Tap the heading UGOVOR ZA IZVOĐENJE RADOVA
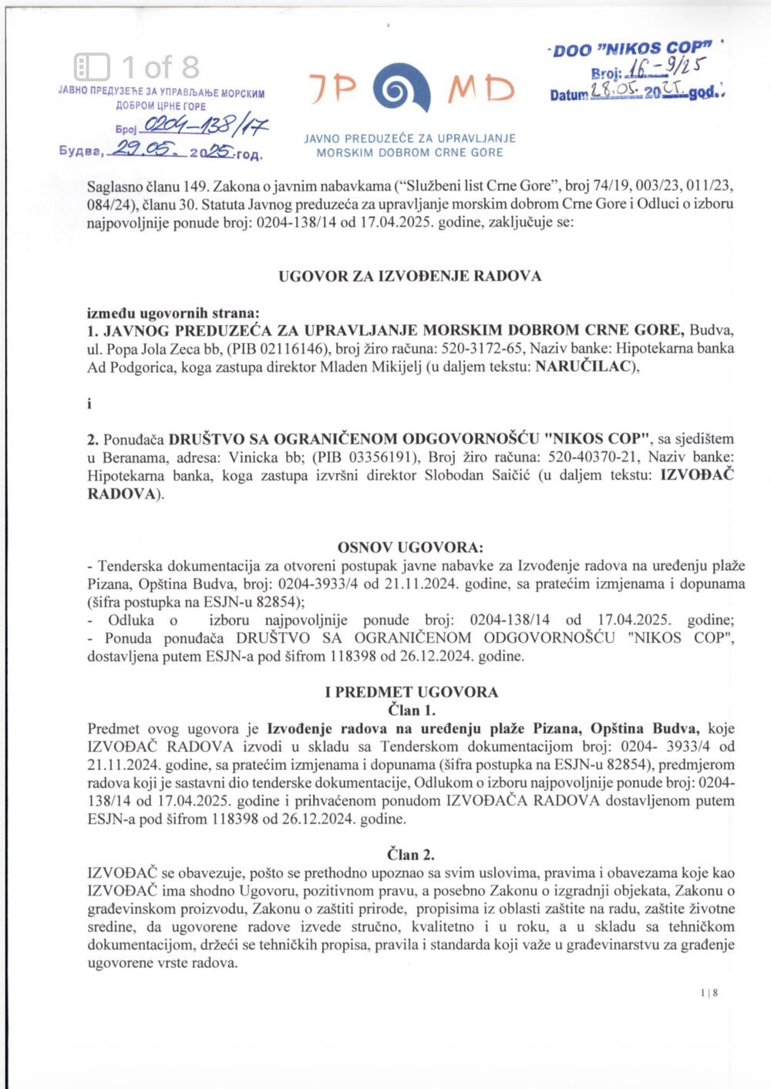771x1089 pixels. [x=409, y=276]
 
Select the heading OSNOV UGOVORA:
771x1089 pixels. [x=409, y=548]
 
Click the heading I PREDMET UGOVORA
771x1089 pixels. [x=411, y=692]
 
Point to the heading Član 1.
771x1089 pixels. [x=411, y=710]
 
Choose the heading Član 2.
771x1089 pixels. [x=411, y=854]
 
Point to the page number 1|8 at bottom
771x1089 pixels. [x=710, y=993]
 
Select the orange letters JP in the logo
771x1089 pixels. [x=334, y=89]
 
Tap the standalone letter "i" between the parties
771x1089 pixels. [x=89, y=403]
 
